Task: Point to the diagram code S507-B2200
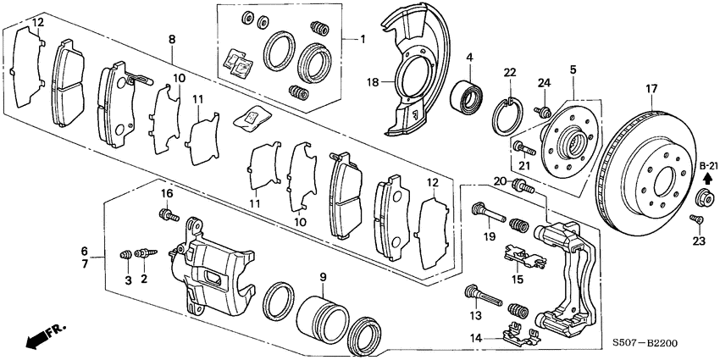coord(645,344)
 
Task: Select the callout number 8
coord(172,39)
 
